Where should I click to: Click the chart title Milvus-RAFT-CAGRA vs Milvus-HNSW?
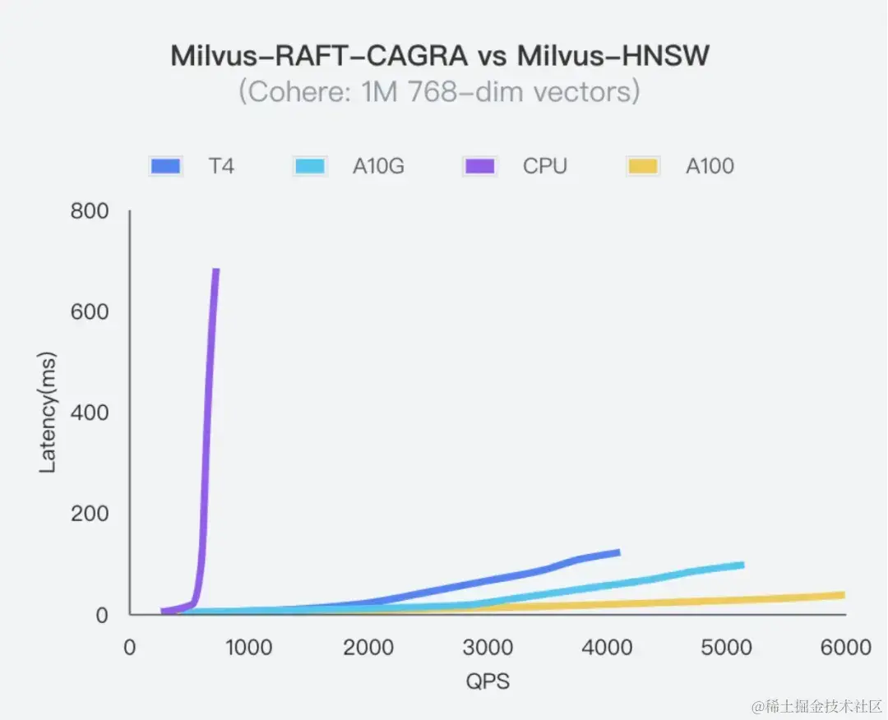(440, 56)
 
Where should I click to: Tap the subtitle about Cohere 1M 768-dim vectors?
(439, 91)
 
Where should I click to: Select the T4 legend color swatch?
(165, 167)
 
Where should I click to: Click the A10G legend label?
(378, 167)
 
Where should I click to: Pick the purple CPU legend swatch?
(479, 167)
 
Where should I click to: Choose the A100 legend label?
(710, 167)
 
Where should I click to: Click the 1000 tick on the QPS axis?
(248, 648)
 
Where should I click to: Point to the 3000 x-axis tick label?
(487, 648)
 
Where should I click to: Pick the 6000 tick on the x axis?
(844, 648)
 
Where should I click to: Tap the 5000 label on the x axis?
(725, 648)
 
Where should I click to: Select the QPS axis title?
(488, 682)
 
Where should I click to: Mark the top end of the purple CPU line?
(216, 270)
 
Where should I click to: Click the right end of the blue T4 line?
(618, 552)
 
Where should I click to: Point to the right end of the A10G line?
(742, 565)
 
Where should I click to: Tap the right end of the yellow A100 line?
(843, 595)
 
